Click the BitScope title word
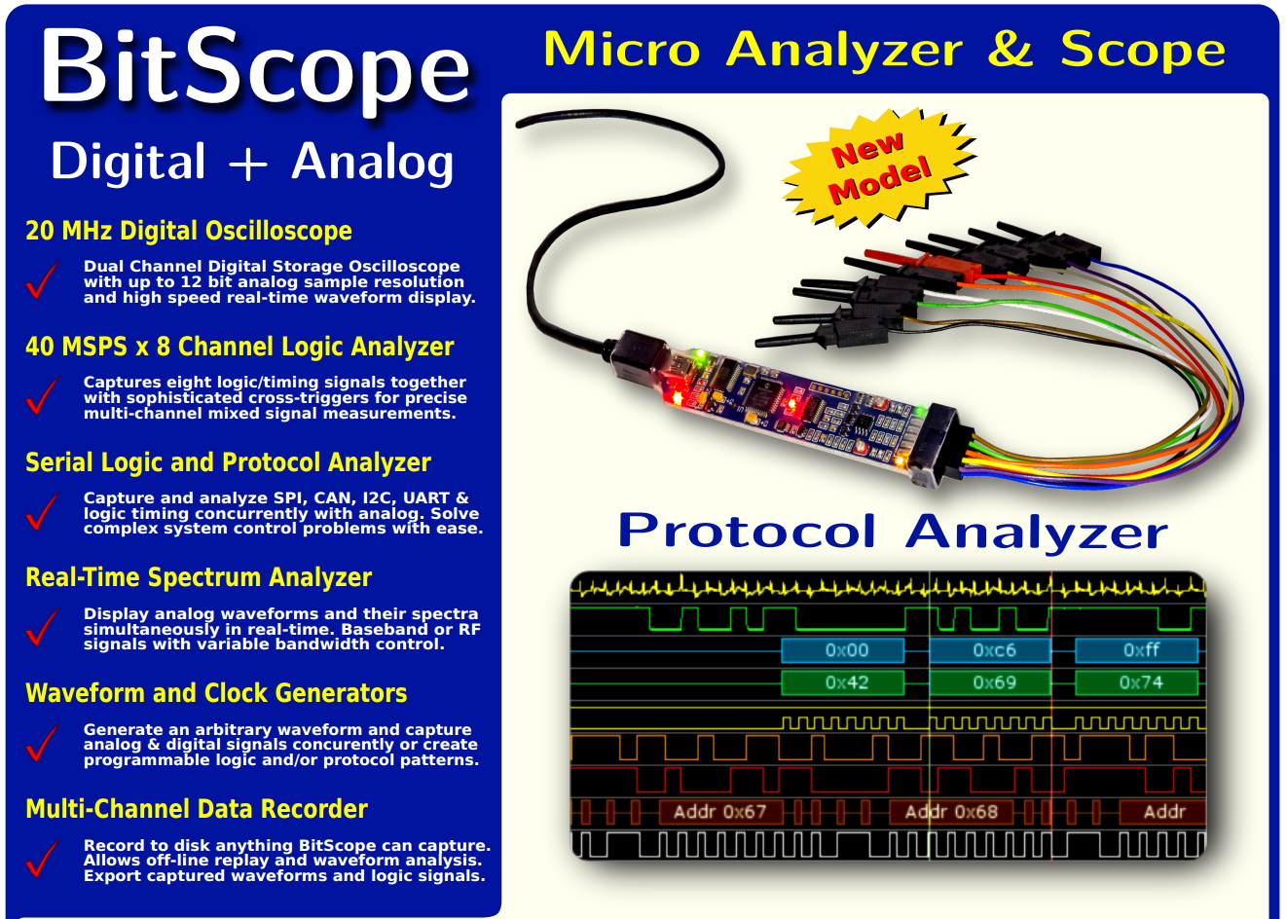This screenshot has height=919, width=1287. (255, 68)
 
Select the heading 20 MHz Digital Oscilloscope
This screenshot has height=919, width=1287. (189, 231)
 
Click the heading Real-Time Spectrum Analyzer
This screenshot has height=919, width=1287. (199, 577)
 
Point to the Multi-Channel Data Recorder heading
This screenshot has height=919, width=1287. (197, 809)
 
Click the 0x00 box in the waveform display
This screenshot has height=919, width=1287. (843, 650)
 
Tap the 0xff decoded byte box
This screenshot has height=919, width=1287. (1139, 650)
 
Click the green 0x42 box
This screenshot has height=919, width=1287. (843, 682)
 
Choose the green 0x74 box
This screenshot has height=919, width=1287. (1139, 682)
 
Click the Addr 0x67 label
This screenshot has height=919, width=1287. (719, 811)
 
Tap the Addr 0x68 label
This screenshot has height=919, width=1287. (951, 811)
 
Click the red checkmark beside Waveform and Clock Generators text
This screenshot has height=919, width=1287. (42, 744)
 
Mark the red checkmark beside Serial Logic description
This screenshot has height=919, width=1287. (42, 512)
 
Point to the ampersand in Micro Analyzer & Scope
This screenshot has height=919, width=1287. (1010, 49)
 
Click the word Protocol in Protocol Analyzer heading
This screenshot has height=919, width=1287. (747, 532)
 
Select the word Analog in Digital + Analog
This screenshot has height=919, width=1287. (373, 162)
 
